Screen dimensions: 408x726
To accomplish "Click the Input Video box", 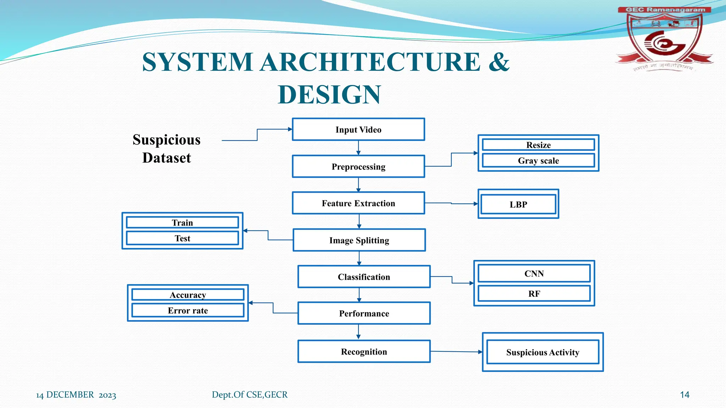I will (358, 130).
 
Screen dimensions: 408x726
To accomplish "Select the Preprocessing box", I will (358, 166).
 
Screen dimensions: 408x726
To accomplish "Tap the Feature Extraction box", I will (358, 203).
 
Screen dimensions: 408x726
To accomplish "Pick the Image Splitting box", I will (359, 240).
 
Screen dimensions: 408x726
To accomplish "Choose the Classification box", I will (364, 277).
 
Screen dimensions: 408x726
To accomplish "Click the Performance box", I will (364, 313).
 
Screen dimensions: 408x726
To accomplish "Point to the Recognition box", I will (364, 352).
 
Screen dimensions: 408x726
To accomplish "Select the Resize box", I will (538, 145).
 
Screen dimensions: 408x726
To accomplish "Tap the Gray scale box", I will (538, 160).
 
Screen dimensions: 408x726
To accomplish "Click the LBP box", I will (518, 204).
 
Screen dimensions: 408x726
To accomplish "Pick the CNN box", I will (534, 273).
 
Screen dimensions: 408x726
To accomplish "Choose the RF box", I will (534, 294).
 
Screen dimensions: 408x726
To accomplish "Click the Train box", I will (182, 222).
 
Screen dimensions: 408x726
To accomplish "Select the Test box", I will (182, 238).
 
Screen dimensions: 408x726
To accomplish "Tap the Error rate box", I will (188, 311).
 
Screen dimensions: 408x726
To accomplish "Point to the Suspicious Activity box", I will (543, 352).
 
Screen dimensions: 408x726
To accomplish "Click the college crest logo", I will (664, 39).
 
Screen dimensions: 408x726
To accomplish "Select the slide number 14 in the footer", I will (685, 395).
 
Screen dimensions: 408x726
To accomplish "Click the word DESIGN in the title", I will (329, 95).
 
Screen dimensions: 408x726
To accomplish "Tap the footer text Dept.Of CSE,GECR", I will (250, 395).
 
